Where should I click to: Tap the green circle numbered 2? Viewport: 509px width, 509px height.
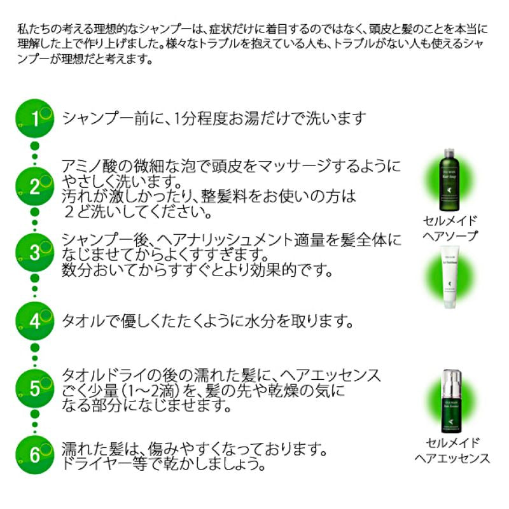point(36,186)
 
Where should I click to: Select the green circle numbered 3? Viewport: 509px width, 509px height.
point(36,252)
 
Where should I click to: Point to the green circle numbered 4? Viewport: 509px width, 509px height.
point(36,320)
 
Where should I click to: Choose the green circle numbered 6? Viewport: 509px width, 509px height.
point(36,454)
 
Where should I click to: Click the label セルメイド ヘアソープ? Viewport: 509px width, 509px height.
point(451,227)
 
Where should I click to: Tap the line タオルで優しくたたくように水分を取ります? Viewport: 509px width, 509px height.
point(207,320)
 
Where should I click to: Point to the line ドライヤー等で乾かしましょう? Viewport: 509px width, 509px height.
point(163,464)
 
